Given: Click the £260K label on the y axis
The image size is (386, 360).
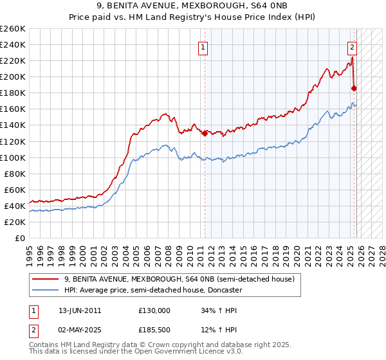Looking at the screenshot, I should pos(13,29).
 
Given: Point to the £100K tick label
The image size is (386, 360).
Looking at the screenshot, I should pos(13,157).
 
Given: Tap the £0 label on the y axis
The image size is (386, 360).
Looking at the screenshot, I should pos(20,238).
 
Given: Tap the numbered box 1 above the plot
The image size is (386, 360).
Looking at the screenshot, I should pos(203,46).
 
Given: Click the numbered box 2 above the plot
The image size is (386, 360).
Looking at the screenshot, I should pos(353,46).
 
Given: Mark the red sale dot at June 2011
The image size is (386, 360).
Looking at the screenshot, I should pos(205,133).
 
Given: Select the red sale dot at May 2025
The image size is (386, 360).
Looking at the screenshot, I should pos(354,88).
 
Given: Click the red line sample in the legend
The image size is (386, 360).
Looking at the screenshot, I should pos(45,279).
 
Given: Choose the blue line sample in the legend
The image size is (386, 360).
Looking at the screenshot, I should pos(45,290).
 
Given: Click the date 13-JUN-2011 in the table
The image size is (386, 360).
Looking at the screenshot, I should pos(80,310).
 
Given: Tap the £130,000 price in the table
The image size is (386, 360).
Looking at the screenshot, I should pos(154,310).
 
